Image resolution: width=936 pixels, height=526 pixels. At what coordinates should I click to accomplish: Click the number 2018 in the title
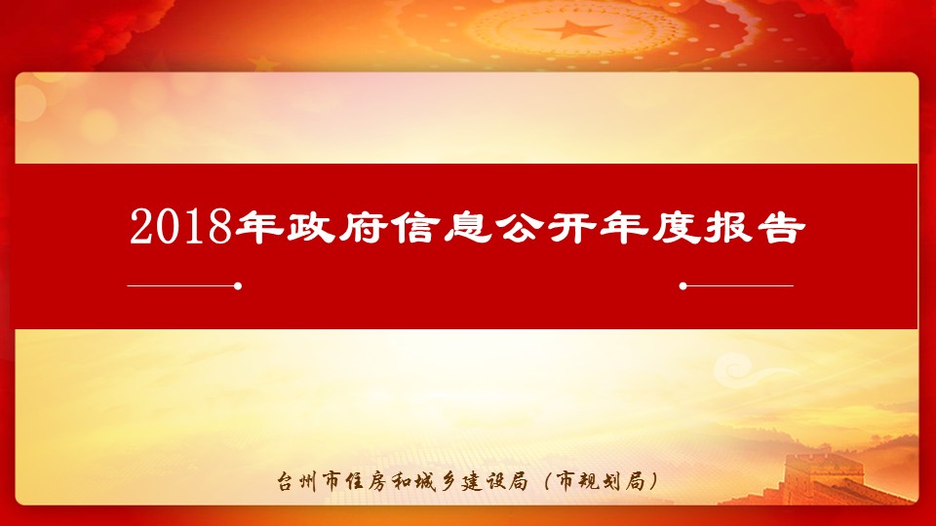coord(180,227)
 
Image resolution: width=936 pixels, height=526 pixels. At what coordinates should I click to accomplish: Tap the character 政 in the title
coord(311,227)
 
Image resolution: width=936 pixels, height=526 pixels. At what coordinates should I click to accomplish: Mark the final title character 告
coord(781,227)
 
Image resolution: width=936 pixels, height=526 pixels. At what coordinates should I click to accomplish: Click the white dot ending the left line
coord(238,286)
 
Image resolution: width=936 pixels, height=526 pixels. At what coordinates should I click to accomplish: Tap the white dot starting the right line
coord(682,286)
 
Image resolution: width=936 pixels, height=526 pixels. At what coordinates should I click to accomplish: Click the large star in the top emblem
coord(573,28)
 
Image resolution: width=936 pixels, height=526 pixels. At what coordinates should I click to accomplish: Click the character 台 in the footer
coord(289,480)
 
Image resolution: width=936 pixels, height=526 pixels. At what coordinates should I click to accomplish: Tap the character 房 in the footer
coord(377,480)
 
